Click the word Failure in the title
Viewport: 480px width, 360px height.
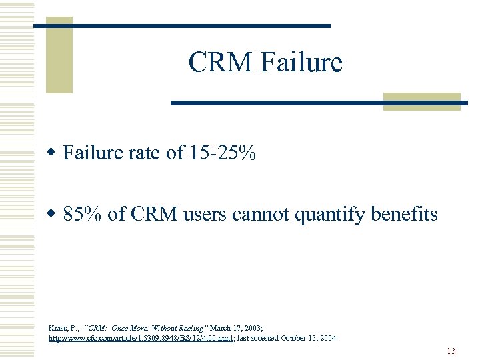(x=302, y=63)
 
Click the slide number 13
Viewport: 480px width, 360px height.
(x=451, y=351)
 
